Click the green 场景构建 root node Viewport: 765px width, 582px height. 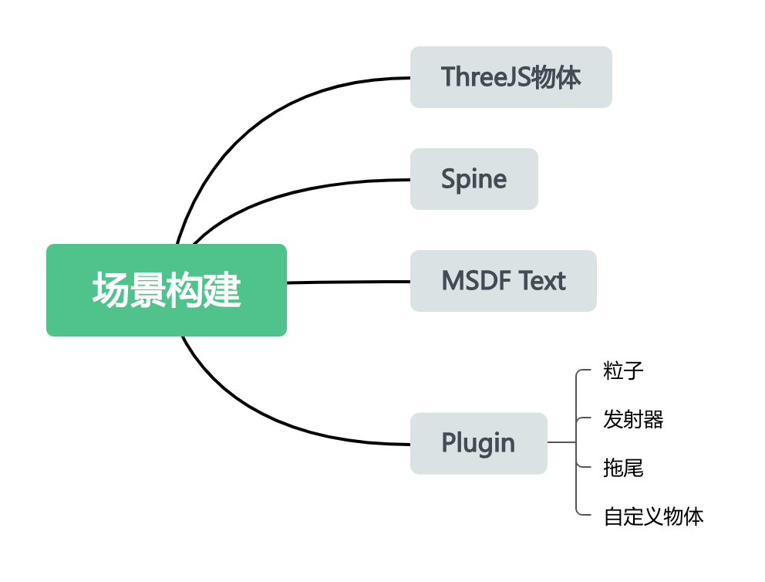pos(166,290)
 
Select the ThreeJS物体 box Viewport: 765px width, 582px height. pos(511,77)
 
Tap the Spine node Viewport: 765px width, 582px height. pos(473,179)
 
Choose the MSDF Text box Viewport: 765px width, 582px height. pos(503,281)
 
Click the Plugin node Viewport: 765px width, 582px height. pos(478,443)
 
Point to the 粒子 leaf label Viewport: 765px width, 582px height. pos(623,371)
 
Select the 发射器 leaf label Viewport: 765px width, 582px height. pos(633,420)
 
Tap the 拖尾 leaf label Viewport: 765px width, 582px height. pos(623,468)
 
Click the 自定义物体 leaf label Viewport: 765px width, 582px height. pos(653,516)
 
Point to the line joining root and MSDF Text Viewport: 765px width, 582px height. pos(347,282)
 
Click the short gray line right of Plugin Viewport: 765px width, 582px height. pos(561,443)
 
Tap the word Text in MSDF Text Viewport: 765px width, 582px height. pos(543,281)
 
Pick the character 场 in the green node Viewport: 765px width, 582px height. pos(110,290)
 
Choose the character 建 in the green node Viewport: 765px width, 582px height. pos(224,290)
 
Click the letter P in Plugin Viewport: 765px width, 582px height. pos(449,443)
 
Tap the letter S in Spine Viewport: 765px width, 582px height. pos(449,179)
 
